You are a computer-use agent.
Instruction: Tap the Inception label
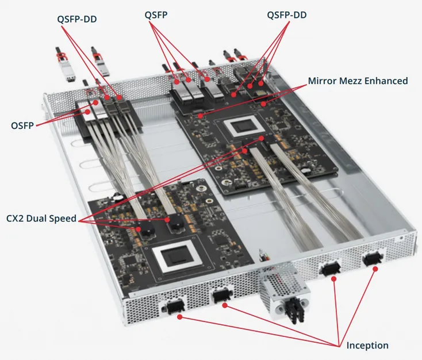click(x=367, y=346)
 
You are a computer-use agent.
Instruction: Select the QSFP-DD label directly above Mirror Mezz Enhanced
click(x=287, y=16)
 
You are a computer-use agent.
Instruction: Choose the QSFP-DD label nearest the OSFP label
click(x=77, y=19)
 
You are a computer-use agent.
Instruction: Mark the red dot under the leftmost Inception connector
click(x=180, y=317)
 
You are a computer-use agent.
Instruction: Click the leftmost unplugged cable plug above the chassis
click(x=64, y=62)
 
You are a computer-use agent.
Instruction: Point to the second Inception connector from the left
click(x=221, y=297)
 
